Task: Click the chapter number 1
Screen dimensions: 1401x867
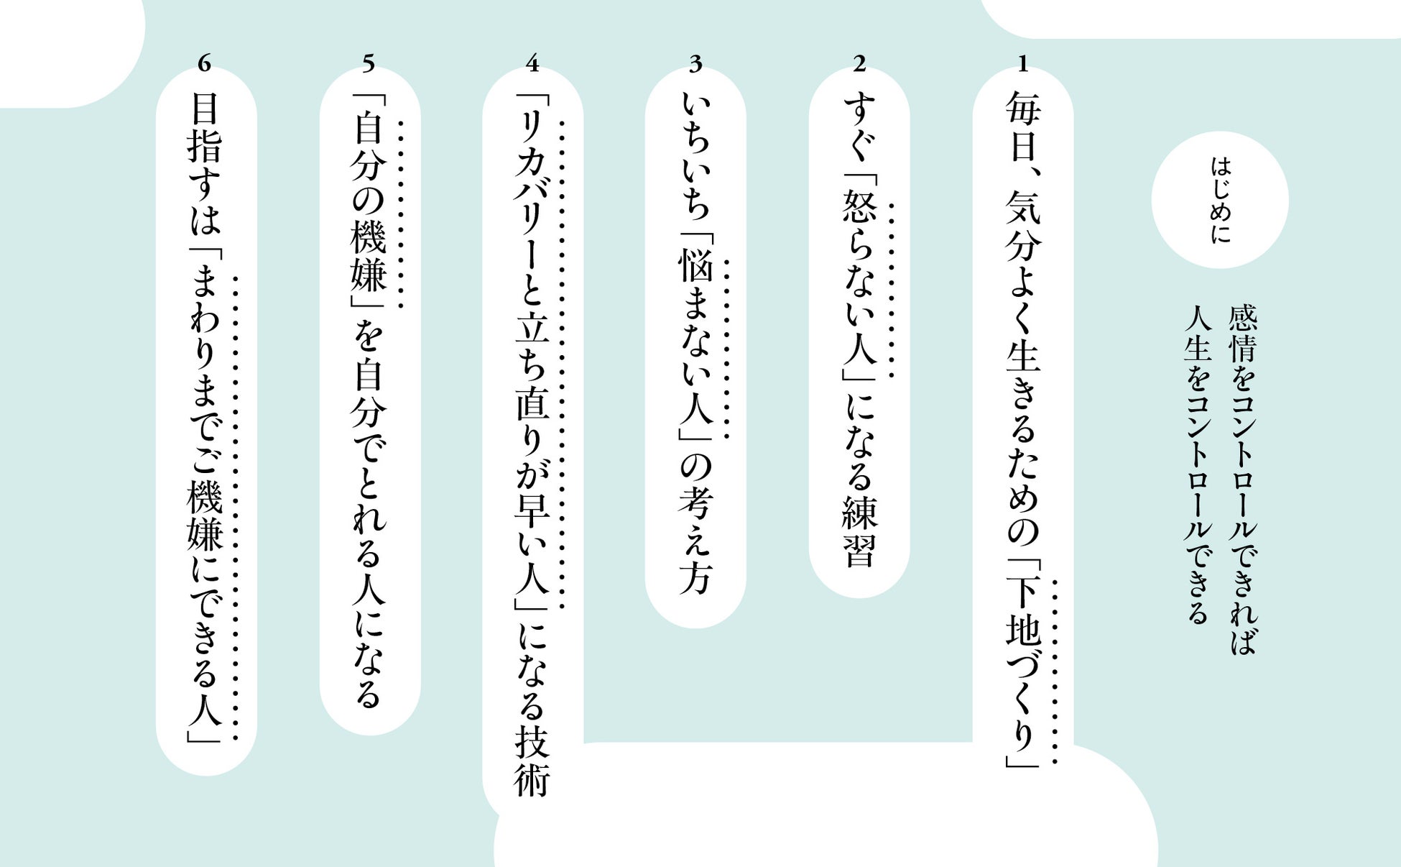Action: [x=1022, y=65]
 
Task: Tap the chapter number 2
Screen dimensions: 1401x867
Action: [x=859, y=65]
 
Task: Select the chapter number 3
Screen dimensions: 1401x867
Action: [x=695, y=65]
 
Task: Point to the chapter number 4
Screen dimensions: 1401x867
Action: [x=532, y=65]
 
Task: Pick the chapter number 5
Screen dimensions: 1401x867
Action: [x=368, y=65]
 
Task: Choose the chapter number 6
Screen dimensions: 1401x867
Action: [x=205, y=65]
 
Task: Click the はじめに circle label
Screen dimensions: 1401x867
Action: [x=1220, y=200]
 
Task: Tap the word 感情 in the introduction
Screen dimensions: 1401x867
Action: [x=1242, y=334]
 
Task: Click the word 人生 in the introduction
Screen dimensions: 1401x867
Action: [x=1198, y=334]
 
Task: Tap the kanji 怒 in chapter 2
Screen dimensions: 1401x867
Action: [x=859, y=208]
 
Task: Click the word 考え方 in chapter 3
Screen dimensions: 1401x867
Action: [x=695, y=539]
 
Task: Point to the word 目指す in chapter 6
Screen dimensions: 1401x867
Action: [x=205, y=144]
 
